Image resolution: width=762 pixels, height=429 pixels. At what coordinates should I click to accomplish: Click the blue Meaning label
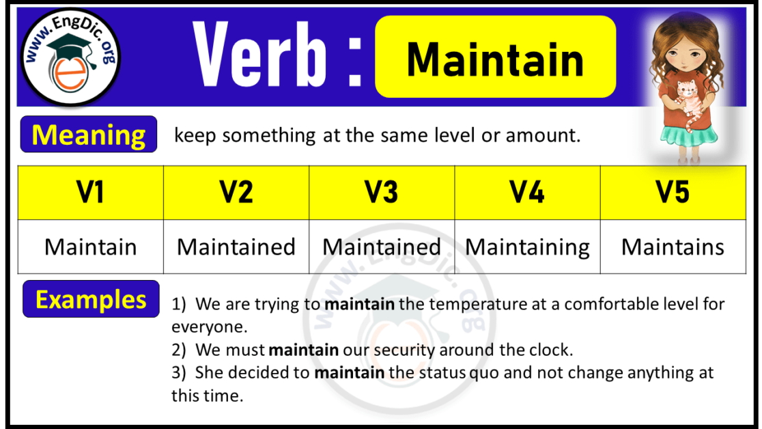[89, 135]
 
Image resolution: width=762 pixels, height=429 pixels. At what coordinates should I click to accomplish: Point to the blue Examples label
[91, 299]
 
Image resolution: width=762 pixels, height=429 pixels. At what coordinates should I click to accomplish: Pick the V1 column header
[91, 193]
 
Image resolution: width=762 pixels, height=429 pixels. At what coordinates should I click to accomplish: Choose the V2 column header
[236, 193]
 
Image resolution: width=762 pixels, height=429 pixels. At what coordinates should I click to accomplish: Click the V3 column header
[382, 193]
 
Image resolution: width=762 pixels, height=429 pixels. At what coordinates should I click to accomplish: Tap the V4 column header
[527, 193]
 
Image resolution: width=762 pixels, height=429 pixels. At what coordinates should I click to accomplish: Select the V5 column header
[673, 193]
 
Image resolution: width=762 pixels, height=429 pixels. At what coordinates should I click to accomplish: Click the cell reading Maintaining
[527, 247]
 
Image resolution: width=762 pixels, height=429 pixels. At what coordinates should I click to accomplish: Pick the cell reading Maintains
[673, 247]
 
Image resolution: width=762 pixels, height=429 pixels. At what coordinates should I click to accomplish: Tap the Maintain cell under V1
[91, 247]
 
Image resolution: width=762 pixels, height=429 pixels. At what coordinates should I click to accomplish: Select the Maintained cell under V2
[236, 247]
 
